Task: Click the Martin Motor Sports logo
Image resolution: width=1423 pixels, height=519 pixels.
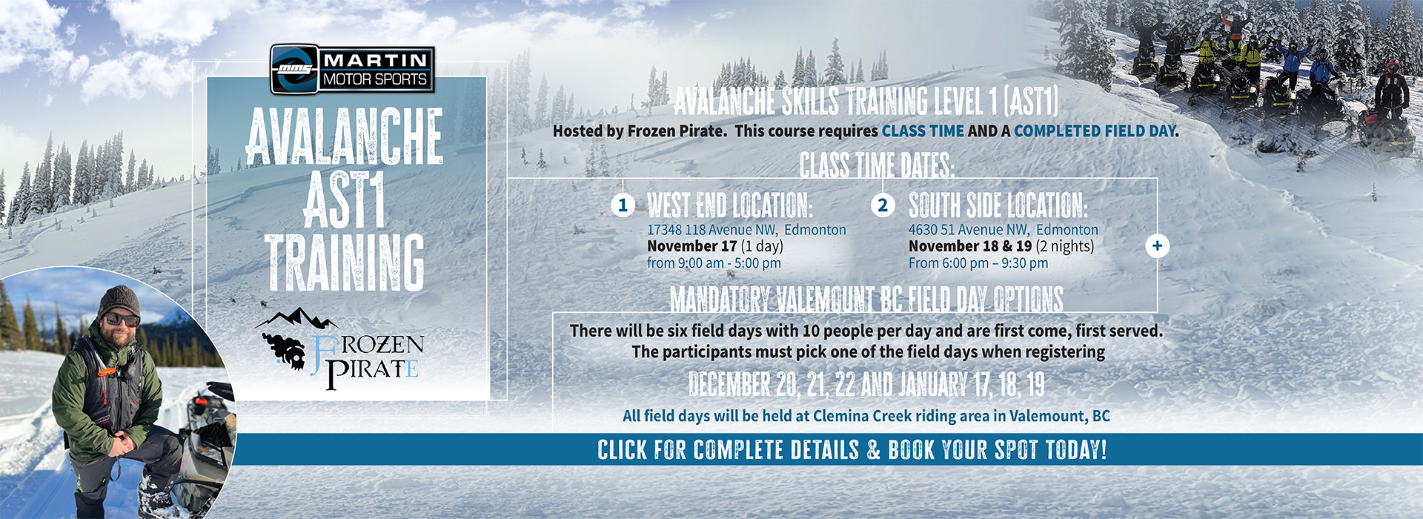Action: [352, 70]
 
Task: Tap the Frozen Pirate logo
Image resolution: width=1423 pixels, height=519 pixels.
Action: [340, 349]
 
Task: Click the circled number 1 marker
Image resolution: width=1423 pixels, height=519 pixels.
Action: [623, 205]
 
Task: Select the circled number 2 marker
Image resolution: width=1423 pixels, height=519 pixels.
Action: [882, 205]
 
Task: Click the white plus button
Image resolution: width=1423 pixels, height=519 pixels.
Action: [1157, 246]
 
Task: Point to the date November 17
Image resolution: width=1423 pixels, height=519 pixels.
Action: [692, 246]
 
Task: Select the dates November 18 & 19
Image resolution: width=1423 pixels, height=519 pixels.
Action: [970, 246]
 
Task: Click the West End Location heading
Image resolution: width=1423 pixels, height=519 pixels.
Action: [730, 205]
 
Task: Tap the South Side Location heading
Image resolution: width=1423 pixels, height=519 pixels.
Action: [998, 205]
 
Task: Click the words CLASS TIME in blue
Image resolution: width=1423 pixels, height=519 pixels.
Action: [923, 131]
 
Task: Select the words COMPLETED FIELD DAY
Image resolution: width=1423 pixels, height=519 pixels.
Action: [1095, 131]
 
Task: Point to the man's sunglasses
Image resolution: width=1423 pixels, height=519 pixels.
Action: [122, 320]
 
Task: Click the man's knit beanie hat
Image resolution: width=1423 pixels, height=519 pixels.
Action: [119, 300]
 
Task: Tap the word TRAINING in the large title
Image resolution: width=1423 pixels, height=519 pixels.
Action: [345, 262]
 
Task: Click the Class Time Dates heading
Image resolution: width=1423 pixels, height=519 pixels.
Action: [877, 165]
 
